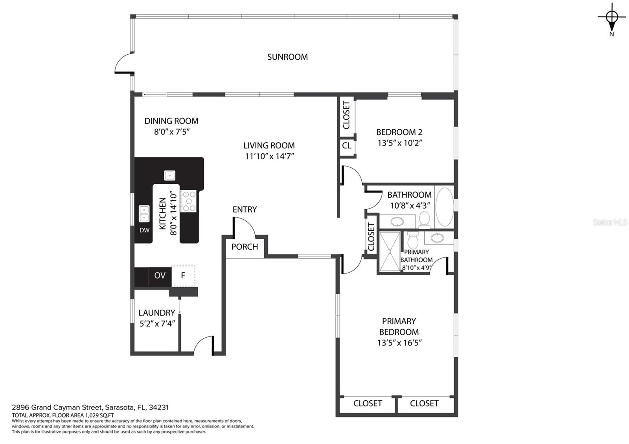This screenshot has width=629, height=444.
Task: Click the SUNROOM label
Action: (x=287, y=57)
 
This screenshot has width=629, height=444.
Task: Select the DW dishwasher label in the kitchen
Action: (x=144, y=230)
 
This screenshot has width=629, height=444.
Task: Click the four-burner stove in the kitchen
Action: (x=188, y=201)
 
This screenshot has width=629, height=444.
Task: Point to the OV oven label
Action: (x=160, y=275)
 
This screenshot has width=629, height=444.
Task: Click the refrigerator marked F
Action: (x=183, y=276)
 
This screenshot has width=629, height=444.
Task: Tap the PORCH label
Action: (x=245, y=247)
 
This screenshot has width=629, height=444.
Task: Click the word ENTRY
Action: (x=245, y=210)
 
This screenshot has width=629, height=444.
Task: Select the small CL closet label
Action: (x=346, y=146)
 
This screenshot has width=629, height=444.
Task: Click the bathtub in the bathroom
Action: (x=444, y=207)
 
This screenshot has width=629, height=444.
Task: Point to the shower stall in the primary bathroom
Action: (x=390, y=251)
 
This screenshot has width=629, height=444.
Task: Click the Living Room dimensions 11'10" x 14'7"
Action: (x=269, y=156)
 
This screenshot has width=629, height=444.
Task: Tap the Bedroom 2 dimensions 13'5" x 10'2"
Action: (x=399, y=143)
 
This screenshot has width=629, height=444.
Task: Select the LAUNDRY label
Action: (x=157, y=313)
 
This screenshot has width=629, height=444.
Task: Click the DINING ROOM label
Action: (x=171, y=121)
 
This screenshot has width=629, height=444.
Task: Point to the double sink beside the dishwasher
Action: (x=144, y=214)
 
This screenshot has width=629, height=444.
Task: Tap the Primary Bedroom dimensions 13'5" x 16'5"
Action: (x=399, y=343)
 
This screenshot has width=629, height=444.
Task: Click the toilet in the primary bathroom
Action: (x=413, y=240)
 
